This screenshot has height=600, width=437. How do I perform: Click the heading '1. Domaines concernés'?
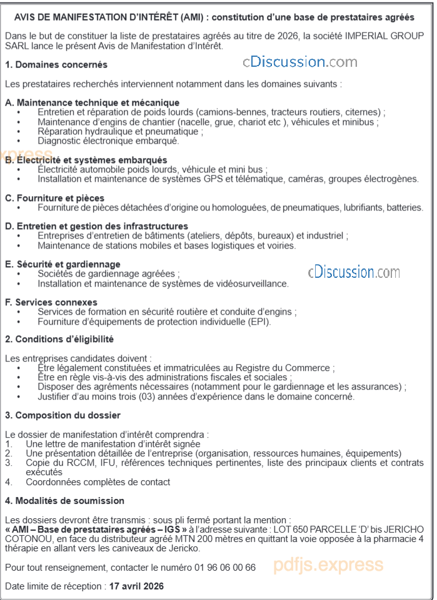pos(56,64)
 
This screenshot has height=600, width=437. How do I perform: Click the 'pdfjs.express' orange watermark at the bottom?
pos(328,566)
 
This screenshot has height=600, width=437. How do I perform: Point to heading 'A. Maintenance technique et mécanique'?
pos(92,102)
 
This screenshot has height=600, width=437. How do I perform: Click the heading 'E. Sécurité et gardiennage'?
pos(63,264)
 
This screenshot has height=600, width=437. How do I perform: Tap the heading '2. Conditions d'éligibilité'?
pos(59,339)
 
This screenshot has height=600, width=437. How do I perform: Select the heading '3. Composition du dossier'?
pos(63,415)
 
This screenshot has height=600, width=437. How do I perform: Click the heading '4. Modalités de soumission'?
pos(64,501)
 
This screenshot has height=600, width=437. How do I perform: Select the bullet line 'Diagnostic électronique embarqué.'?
pos(108,141)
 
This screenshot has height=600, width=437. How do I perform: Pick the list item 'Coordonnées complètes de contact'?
pos(98,482)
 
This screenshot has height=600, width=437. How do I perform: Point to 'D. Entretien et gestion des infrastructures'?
pos(97,226)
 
